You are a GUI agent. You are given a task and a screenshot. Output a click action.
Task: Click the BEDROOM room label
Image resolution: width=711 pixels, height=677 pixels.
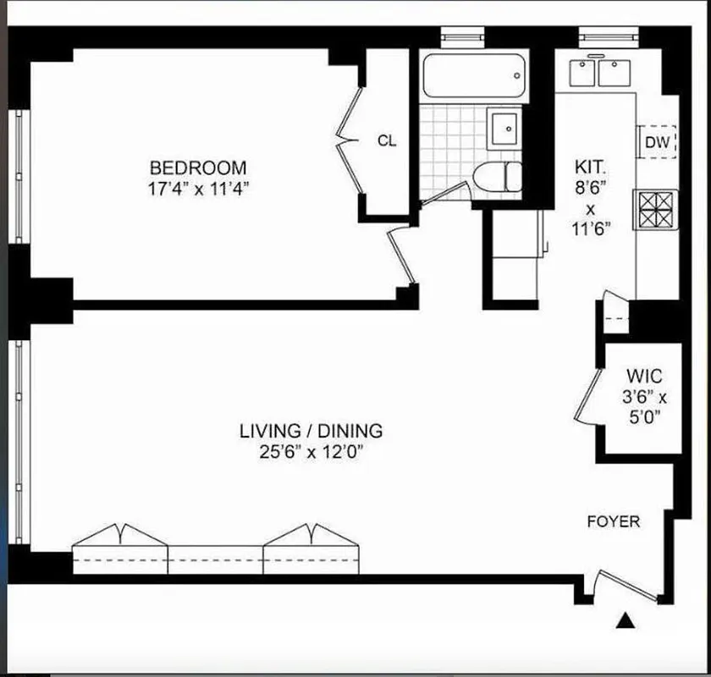point(198,168)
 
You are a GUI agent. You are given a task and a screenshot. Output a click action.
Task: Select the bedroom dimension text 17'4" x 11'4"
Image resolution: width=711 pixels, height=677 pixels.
point(198,189)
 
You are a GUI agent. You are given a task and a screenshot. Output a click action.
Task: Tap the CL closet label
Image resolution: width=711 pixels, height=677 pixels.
point(386,141)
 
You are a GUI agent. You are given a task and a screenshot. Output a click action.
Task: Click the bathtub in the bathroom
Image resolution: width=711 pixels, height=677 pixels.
point(473,77)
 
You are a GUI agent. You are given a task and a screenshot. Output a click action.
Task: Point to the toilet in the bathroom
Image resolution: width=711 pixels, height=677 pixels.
point(498,177)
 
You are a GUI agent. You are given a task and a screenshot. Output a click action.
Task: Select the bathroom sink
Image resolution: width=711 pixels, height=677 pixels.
point(506,129)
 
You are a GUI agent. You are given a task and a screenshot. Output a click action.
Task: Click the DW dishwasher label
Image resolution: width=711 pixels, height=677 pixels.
point(657,142)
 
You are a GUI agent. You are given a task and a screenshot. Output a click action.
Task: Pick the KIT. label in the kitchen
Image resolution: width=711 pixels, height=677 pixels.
point(590,167)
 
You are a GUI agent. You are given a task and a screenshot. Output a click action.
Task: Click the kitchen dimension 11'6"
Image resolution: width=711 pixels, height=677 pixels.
point(590,226)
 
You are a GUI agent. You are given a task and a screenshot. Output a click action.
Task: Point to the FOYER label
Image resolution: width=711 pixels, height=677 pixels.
point(614,522)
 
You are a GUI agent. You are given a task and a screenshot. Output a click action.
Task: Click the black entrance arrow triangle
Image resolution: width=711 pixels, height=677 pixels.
point(626,622)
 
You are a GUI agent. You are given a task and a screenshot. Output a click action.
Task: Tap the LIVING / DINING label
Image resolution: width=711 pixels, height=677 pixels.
point(311,431)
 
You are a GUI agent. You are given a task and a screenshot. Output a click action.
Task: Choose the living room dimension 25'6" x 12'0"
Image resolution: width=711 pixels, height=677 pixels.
point(311,452)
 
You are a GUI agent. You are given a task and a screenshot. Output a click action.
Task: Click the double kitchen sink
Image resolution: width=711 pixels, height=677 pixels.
point(596,73)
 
